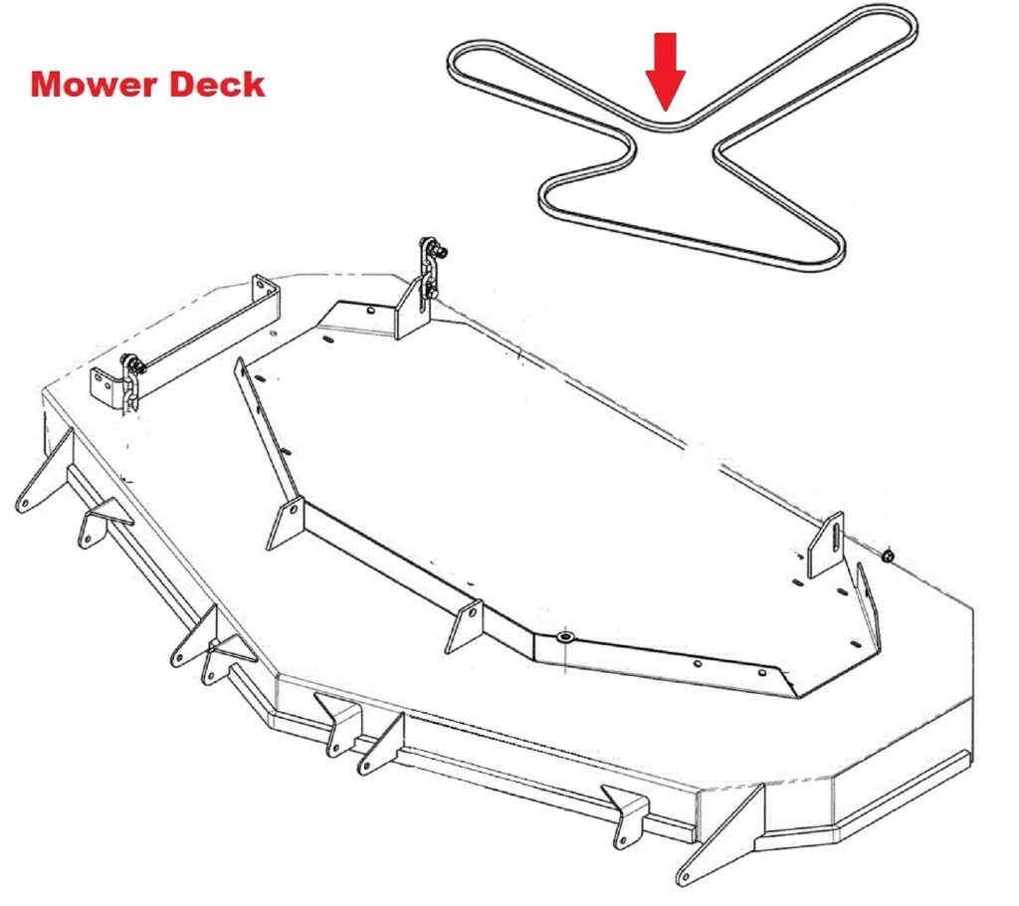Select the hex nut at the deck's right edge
click(888, 555)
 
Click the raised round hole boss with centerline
click(565, 636)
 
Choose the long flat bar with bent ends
click(189, 339)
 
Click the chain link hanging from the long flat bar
click(129, 383)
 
